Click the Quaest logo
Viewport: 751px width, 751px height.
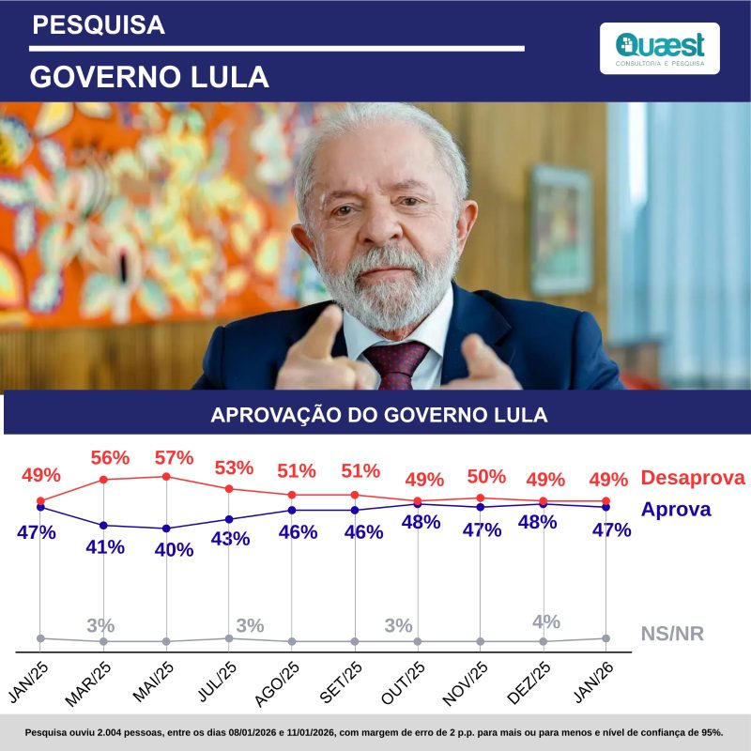[659, 48]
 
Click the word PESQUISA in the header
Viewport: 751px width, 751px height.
[98, 25]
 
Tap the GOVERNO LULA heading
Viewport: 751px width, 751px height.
[149, 76]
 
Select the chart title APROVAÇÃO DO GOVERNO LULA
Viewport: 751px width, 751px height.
[378, 415]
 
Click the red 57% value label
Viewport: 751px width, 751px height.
[174, 458]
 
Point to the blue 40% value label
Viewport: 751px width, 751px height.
[174, 550]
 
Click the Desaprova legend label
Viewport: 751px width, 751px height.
[692, 478]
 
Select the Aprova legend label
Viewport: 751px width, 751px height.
[675, 509]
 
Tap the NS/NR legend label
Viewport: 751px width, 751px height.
[672, 634]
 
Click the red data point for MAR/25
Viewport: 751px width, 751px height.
[103, 480]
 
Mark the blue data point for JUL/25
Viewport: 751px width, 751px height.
[229, 519]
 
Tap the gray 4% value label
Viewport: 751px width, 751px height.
[545, 621]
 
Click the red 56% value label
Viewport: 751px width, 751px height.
[109, 458]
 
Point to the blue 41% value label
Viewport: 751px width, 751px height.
[105, 547]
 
